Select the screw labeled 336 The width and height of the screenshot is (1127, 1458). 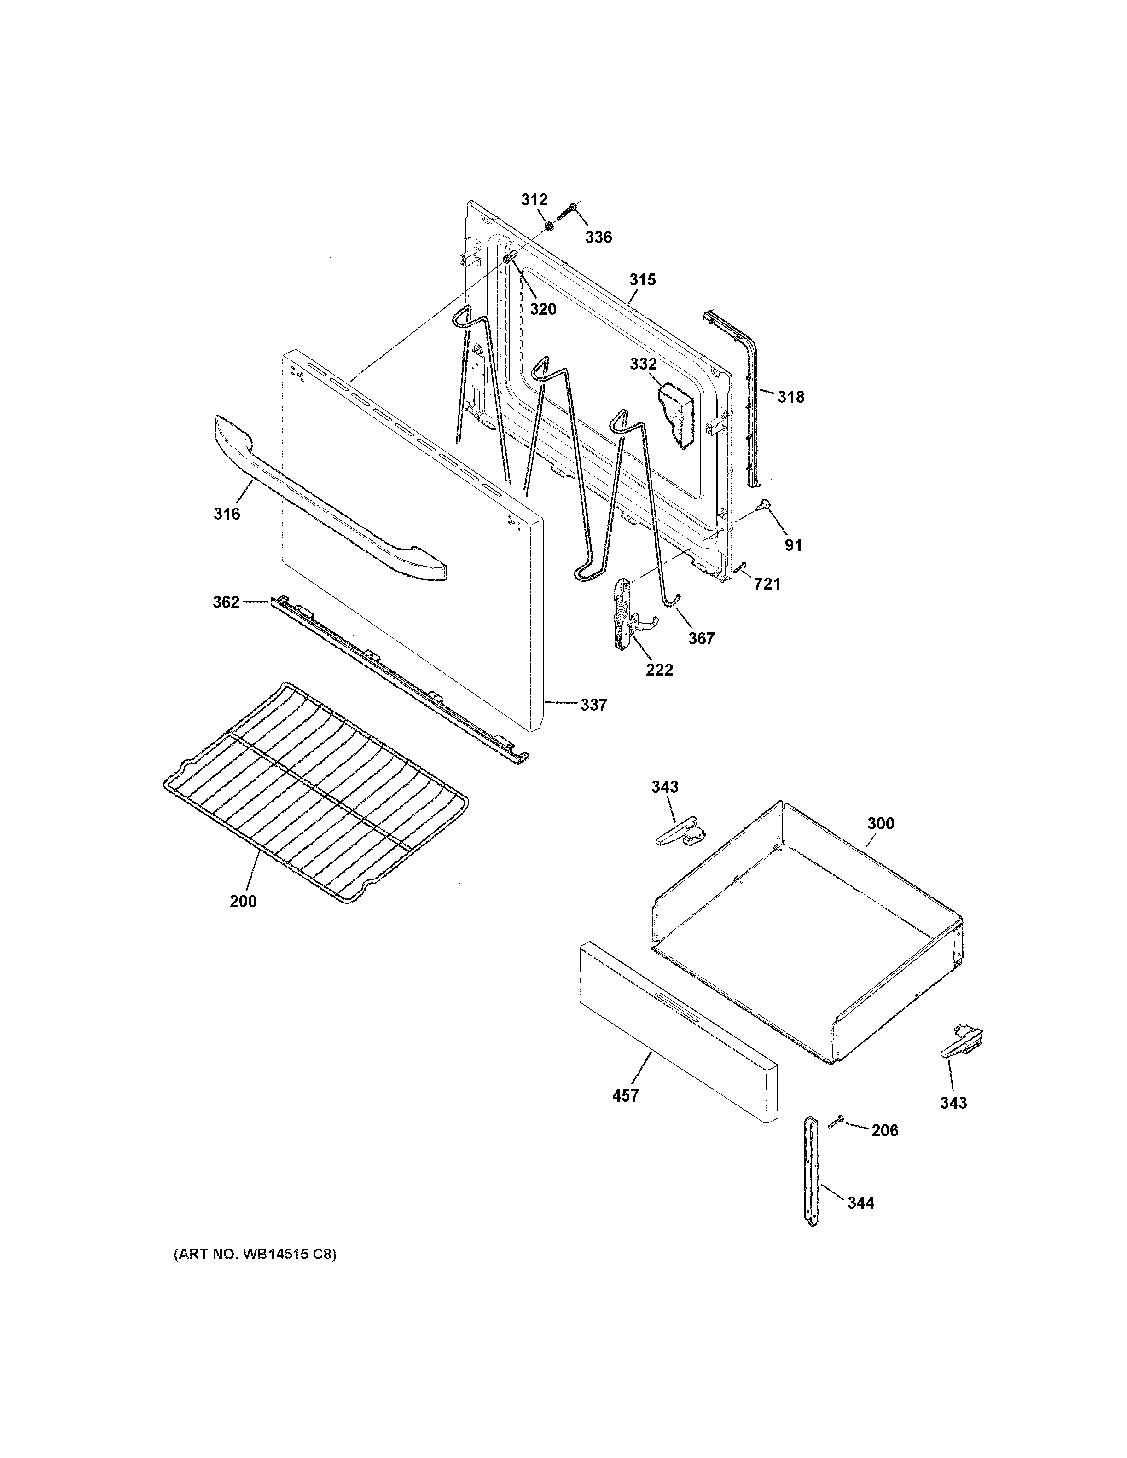coord(567,214)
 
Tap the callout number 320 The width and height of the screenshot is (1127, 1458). coord(543,309)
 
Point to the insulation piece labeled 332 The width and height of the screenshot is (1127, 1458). coord(676,415)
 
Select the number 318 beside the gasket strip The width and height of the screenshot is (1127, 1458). coord(791,397)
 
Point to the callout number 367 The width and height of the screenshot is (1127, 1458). coord(701,639)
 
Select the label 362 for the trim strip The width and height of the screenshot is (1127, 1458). coord(226,602)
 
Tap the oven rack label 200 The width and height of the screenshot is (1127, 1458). coord(243,901)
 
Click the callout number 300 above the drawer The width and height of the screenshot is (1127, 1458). coord(881,824)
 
